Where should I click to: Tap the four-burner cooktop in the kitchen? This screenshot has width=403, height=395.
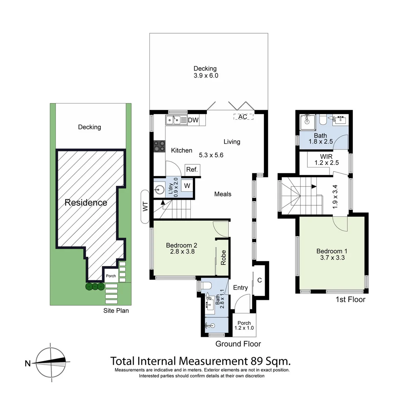click(x=159, y=146)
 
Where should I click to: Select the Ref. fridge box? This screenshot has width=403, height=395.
click(x=192, y=170)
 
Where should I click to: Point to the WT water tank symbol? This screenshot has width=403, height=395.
click(x=145, y=207)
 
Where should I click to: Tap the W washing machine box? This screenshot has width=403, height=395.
click(x=187, y=186)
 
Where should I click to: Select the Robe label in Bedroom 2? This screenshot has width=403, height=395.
click(x=223, y=257)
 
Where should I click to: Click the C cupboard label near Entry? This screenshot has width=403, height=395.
click(x=260, y=281)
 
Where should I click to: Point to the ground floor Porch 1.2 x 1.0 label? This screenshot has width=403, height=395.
click(x=244, y=326)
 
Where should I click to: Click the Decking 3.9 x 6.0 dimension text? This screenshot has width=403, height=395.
click(x=205, y=76)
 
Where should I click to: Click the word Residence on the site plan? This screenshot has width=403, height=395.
click(x=86, y=203)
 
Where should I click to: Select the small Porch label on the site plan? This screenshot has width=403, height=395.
click(x=111, y=276)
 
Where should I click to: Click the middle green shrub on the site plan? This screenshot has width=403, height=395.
click(x=95, y=287)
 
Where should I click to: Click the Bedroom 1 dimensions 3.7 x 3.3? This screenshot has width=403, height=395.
click(x=332, y=257)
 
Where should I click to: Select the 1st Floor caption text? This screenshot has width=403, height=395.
click(x=350, y=300)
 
